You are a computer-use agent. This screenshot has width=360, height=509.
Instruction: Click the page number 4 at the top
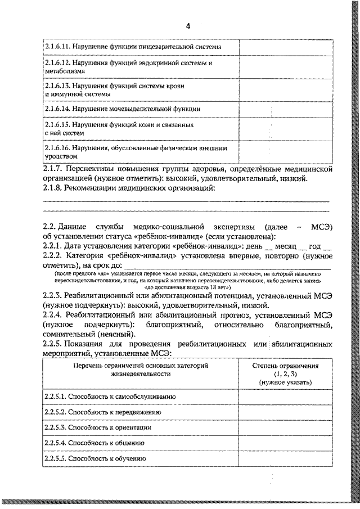(x=188, y=26)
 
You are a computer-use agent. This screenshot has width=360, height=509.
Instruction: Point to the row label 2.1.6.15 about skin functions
(x=119, y=128)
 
